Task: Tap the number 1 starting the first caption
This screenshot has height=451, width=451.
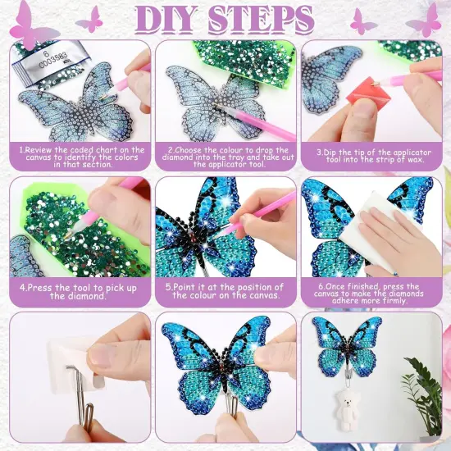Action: tap(20, 150)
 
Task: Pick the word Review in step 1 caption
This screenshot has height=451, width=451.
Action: tap(40, 150)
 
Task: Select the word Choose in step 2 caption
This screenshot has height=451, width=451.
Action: tap(189, 150)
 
